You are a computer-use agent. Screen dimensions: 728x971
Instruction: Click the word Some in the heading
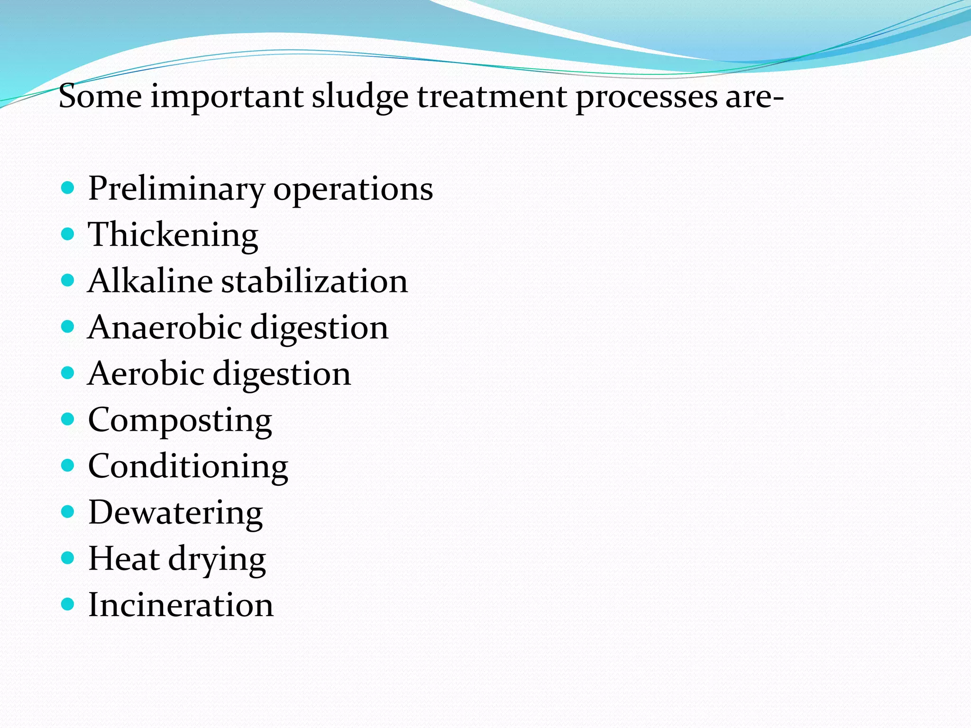coord(100,96)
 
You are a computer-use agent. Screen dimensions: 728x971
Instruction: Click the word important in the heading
coord(227,97)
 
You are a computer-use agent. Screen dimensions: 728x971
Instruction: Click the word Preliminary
coord(176,189)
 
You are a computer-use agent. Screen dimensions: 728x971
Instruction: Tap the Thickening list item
coord(173,235)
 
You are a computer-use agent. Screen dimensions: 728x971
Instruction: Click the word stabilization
coord(314,281)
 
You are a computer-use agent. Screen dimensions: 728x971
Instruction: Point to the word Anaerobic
coord(164,327)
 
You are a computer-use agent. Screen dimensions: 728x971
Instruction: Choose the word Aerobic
coord(146,373)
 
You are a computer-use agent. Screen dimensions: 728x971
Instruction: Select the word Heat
coord(124,558)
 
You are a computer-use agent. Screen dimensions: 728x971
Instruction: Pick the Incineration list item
coord(181,605)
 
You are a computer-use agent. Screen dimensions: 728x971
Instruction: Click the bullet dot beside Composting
coord(68,419)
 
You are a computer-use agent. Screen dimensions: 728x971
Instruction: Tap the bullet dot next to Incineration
coord(68,604)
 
